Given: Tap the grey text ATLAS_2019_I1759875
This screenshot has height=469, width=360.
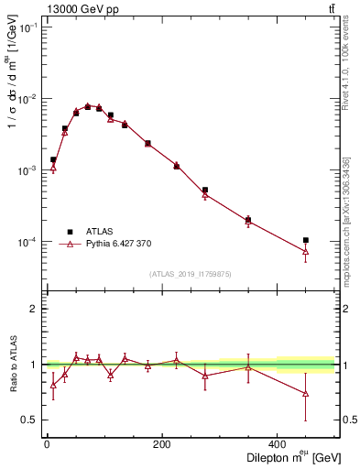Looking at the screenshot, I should click(x=190, y=273).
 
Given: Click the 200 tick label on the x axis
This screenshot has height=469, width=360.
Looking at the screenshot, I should click(x=162, y=443).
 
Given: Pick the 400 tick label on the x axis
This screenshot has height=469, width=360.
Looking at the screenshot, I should click(x=278, y=443).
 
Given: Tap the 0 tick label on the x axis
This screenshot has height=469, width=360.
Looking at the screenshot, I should click(x=47, y=443).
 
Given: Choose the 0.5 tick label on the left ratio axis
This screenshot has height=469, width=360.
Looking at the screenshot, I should click(x=28, y=420).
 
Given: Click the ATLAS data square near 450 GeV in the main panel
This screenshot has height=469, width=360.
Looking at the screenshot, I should click(x=306, y=240).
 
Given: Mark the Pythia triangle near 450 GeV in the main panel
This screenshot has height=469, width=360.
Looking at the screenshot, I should click(x=306, y=251).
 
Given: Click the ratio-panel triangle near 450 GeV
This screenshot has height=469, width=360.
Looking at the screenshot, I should click(x=306, y=394).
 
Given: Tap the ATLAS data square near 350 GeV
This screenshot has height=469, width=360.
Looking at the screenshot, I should click(x=248, y=219).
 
